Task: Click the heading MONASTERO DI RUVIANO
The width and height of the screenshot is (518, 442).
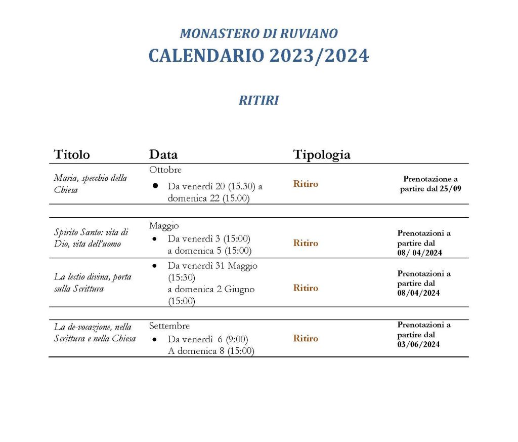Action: pos(258,34)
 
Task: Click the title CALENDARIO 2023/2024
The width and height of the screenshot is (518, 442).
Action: pos(258,56)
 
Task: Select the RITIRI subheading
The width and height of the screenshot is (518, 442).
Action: pos(258,101)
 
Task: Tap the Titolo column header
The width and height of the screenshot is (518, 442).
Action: pos(72,154)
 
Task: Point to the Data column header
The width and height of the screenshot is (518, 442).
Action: pos(163,154)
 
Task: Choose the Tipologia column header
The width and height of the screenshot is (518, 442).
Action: pos(322,154)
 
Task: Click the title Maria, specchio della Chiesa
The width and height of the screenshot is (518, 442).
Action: pos(91,184)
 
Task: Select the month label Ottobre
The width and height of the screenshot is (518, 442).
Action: pos(165,170)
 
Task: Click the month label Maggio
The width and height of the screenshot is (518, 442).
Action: pos(164,225)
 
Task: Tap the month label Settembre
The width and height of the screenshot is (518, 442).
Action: pos(169,326)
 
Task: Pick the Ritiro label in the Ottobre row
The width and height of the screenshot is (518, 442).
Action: pos(306,184)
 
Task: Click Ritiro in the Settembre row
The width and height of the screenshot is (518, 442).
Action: pos(306,338)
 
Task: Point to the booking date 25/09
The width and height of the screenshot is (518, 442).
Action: pos(452,189)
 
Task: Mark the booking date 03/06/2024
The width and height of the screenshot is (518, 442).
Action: pos(418,344)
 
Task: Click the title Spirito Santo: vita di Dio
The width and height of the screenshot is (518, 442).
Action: pos(91,237)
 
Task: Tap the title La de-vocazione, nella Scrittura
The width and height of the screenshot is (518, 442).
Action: pos(95,332)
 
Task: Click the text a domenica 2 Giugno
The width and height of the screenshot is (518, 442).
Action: pos(211,290)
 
